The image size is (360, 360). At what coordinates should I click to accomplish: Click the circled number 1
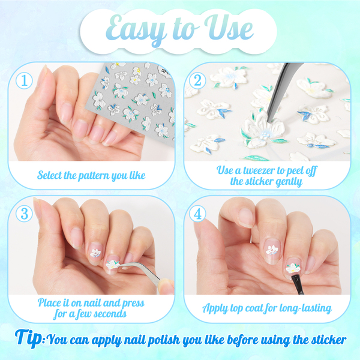tap(24, 80)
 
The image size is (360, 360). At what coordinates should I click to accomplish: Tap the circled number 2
tap(197, 80)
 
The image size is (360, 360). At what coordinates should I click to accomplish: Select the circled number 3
tap(24, 213)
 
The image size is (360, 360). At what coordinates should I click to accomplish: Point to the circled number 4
tap(197, 214)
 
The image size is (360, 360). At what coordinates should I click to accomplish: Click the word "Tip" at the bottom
tap(29, 338)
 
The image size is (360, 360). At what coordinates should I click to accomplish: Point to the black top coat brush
tap(298, 284)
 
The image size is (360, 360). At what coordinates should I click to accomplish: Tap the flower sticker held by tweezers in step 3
tap(113, 264)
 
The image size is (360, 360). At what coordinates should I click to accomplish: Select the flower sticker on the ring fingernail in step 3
tap(95, 253)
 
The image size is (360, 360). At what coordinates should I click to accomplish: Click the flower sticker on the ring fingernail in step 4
tap(272, 250)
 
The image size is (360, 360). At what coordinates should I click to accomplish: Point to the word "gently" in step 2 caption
tap(289, 182)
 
